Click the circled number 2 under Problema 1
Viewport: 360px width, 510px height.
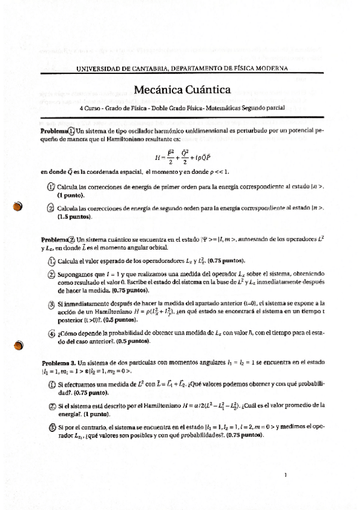pos(50,208)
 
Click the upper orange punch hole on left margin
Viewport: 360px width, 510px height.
pos(17,206)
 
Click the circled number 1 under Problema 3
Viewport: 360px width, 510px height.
pos(50,384)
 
